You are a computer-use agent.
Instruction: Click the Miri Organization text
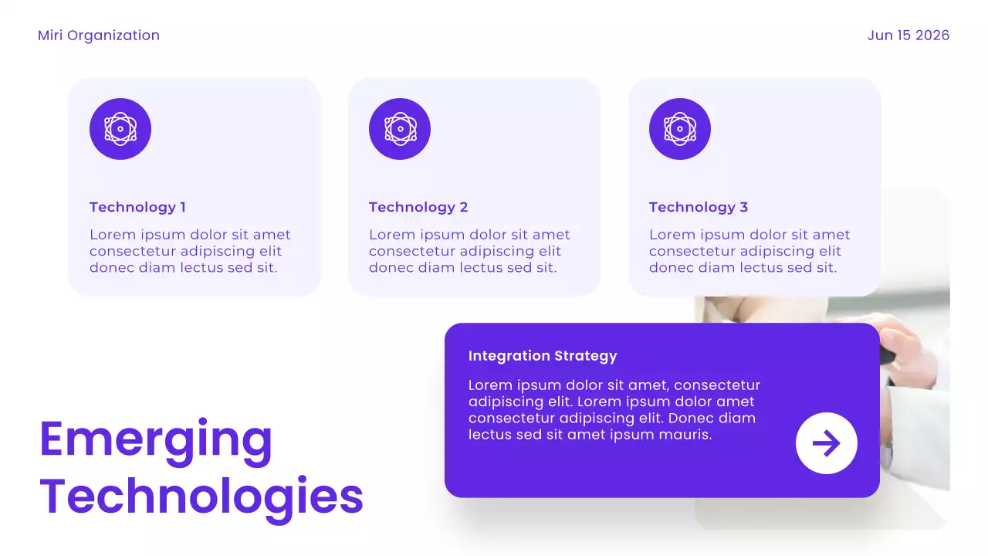tap(99, 36)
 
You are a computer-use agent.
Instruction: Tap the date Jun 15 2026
tap(908, 36)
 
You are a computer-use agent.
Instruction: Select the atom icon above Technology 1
tap(120, 129)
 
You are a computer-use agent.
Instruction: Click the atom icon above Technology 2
tap(400, 129)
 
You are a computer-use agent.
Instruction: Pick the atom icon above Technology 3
tap(680, 129)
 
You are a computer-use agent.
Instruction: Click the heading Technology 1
tap(137, 207)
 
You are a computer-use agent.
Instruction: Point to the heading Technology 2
tap(418, 207)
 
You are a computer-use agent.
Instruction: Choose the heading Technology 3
tap(699, 207)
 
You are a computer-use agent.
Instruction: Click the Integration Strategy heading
tap(543, 356)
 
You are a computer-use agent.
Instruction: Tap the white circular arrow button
tap(826, 443)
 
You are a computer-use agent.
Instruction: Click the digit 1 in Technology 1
tap(183, 207)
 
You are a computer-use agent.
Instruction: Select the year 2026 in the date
tap(932, 36)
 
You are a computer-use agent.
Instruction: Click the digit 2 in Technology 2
tap(463, 207)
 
